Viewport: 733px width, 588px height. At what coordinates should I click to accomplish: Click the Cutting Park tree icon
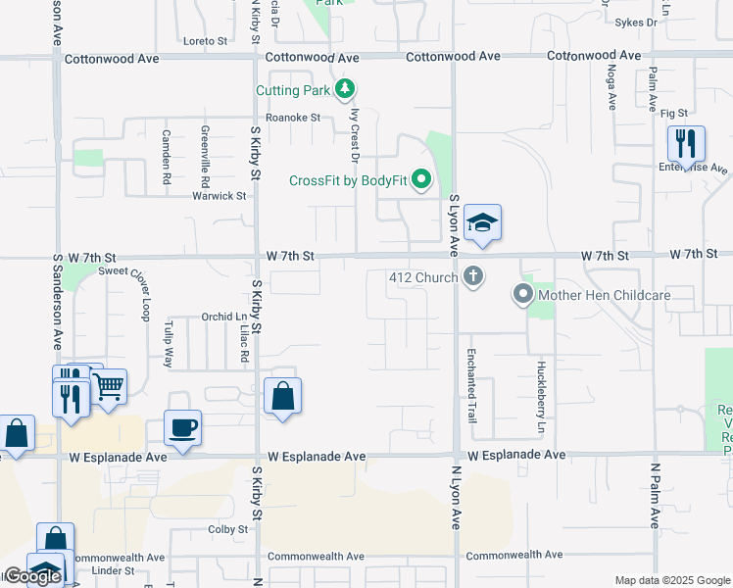pos(344,91)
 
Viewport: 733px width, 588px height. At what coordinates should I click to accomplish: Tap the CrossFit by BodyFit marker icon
pos(421,180)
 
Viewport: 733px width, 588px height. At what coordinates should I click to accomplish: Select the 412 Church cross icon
pos(474,276)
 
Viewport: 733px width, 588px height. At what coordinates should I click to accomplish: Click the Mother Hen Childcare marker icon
pos(523,294)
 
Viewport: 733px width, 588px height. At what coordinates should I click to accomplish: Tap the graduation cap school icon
pos(481,223)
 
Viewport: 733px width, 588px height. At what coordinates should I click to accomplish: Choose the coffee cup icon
pos(183,428)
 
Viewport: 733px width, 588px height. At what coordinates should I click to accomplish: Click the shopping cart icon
pos(108,386)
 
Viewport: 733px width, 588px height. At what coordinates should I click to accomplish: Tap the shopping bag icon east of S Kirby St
pos(282,397)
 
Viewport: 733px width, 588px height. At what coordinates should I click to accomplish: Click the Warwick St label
pos(219,196)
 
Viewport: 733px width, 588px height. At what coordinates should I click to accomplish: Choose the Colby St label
pos(228,529)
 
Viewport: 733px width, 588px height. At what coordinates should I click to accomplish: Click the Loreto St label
pos(205,42)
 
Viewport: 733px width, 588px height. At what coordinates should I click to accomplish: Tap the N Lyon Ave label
pos(456,498)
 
